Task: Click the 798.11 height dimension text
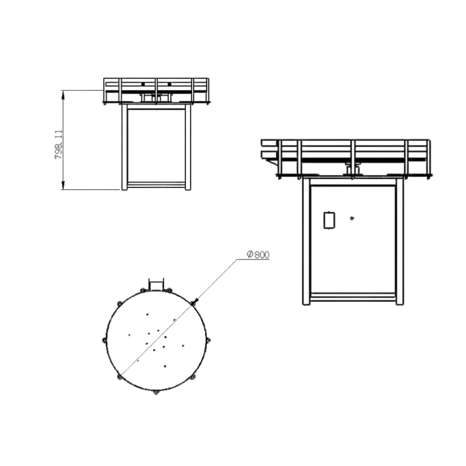[x=59, y=144]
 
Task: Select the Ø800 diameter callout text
[x=259, y=255]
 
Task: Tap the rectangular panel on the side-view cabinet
[x=328, y=220]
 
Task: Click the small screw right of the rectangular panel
[x=352, y=218]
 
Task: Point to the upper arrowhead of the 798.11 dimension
[x=64, y=93]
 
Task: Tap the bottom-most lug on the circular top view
[x=156, y=392]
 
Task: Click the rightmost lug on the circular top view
[x=208, y=339]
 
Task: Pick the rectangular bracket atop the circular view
[x=157, y=282]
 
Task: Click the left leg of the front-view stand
[x=124, y=147]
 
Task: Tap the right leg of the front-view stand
[x=188, y=147]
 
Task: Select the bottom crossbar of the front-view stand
[x=156, y=184]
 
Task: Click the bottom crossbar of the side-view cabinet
[x=352, y=297]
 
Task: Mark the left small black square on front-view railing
[x=143, y=84]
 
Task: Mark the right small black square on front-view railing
[x=168, y=84]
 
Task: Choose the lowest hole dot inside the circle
[x=164, y=367]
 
